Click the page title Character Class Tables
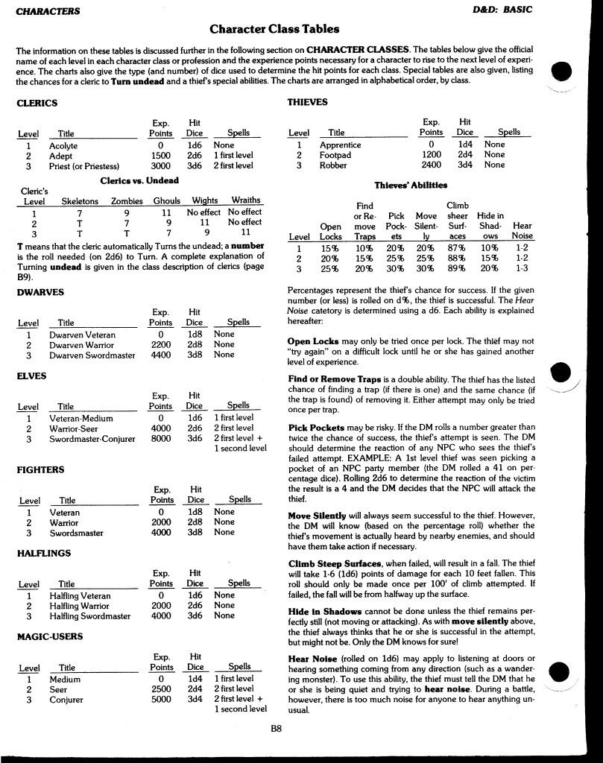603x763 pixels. coord(274,30)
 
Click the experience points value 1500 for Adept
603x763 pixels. coord(161,155)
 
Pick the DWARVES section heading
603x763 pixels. coord(40,292)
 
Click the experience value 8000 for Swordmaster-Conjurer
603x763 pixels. coord(161,439)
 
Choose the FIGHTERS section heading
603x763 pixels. coord(40,469)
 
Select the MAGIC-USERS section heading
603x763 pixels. coord(50,636)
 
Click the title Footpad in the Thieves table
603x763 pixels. coord(335,155)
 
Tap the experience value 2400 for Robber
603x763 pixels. coord(431,165)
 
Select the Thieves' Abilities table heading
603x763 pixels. coord(411,185)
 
